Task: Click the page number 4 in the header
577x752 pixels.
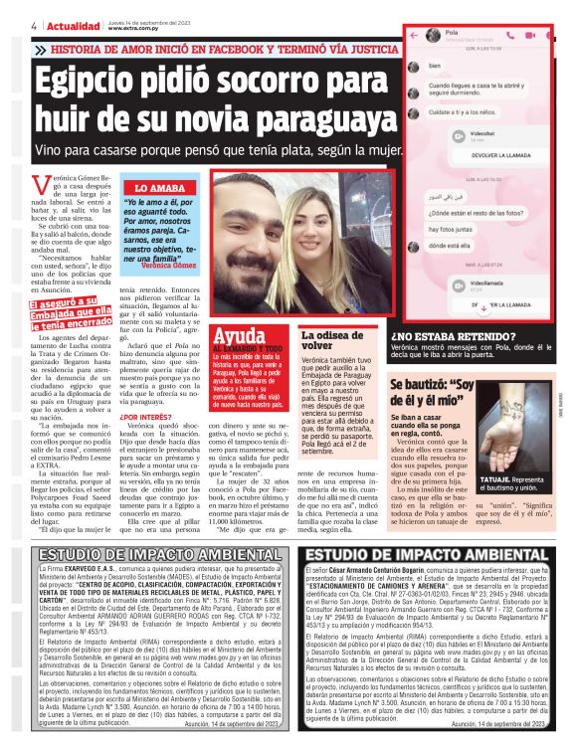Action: coord(8,24)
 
